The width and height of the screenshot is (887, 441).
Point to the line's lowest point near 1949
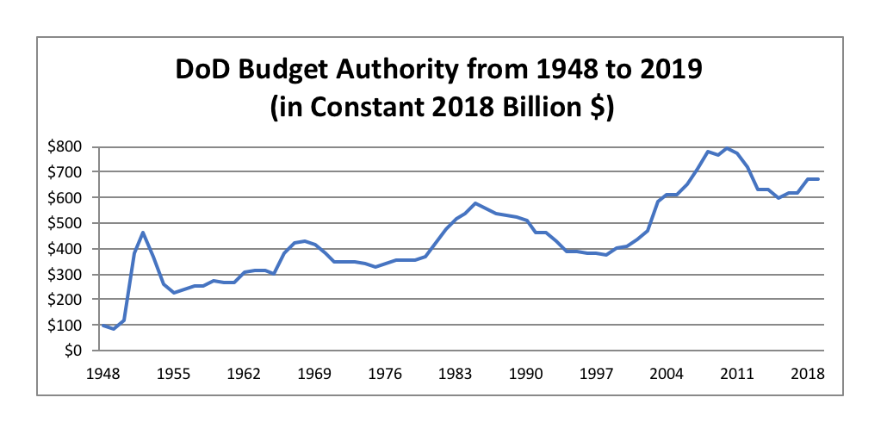(114, 328)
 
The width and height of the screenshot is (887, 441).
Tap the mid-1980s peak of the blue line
(476, 203)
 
